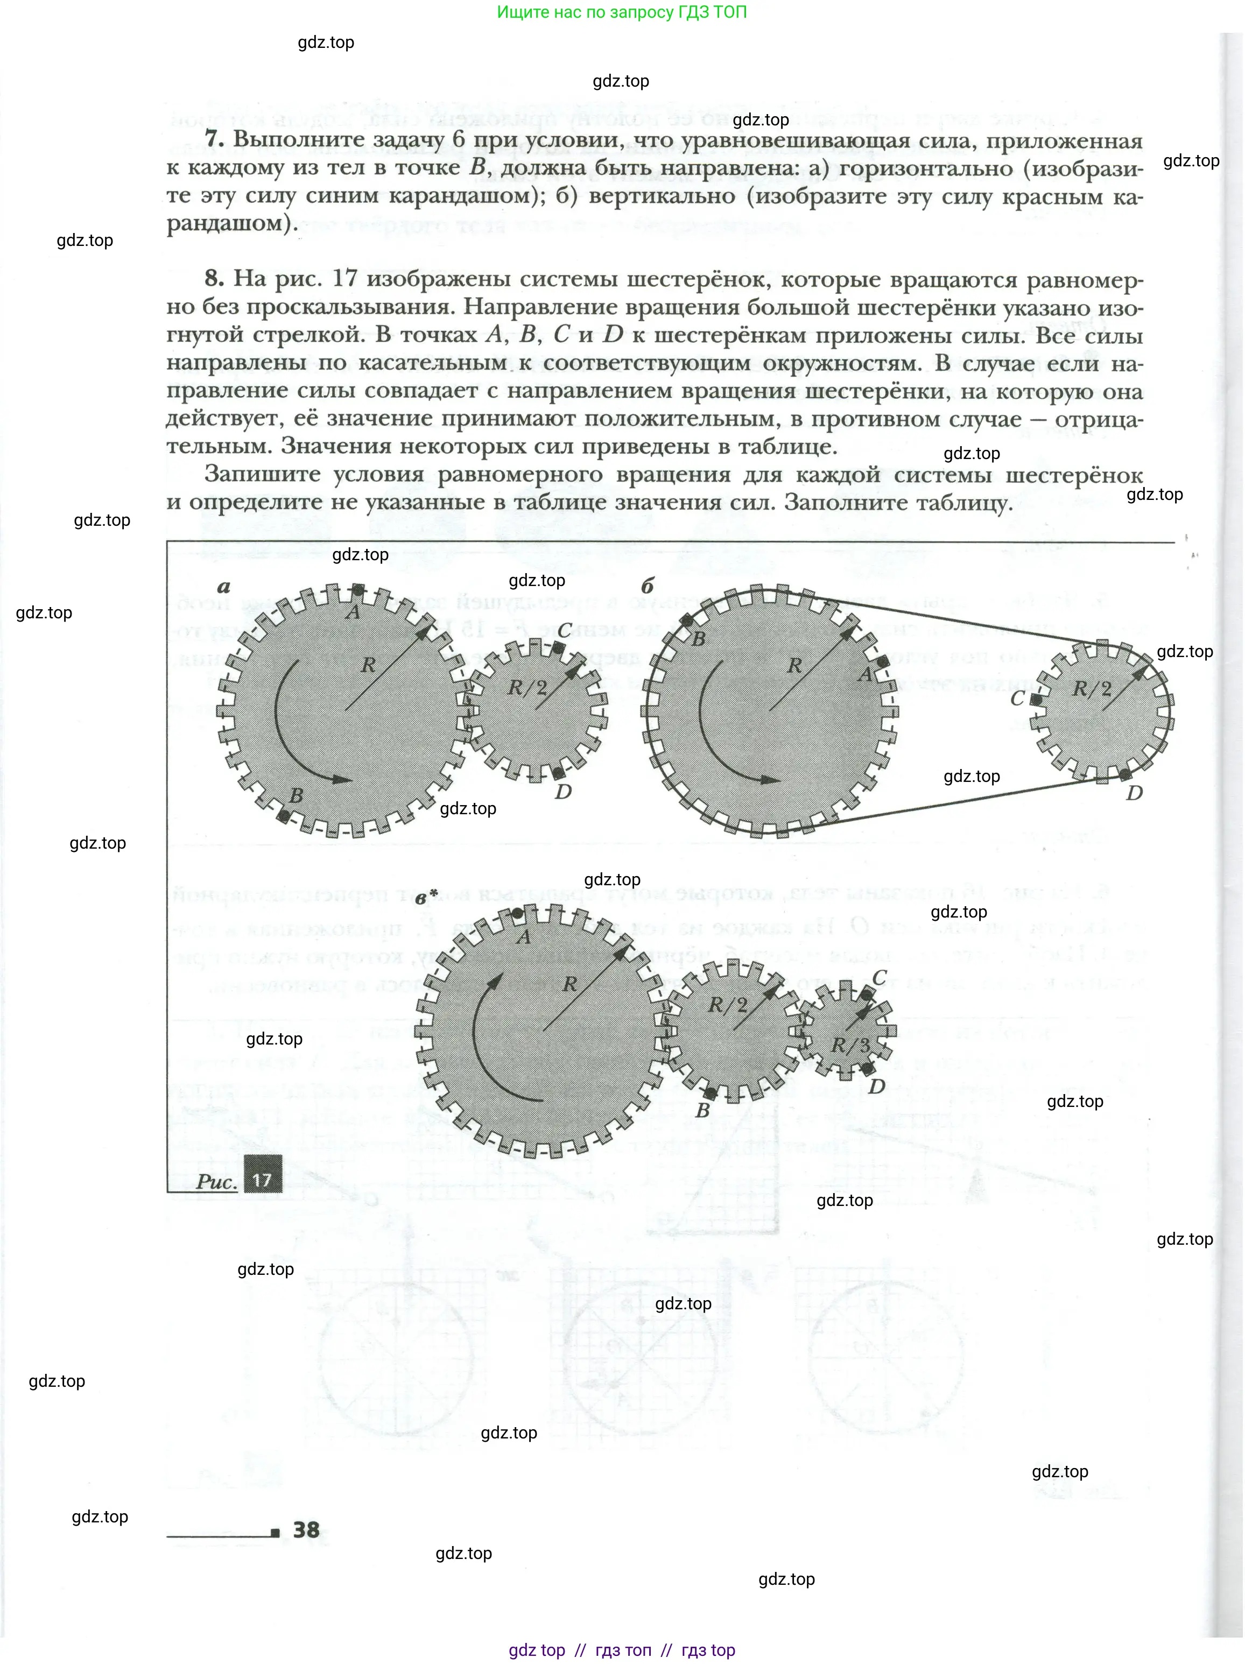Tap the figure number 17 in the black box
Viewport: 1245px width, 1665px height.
pos(262,1179)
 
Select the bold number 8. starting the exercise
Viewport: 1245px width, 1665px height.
pos(214,279)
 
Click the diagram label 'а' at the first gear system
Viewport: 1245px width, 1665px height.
pos(223,587)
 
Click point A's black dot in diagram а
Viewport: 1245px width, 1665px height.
pos(359,589)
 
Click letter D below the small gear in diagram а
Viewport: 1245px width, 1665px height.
pos(563,791)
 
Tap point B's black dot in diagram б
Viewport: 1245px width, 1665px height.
pos(686,621)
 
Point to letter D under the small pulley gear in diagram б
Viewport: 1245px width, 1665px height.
pos(1134,793)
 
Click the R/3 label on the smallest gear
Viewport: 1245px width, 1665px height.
pos(850,1046)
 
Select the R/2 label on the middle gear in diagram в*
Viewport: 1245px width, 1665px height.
pos(727,1005)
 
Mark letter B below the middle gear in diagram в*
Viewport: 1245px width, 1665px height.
pos(702,1110)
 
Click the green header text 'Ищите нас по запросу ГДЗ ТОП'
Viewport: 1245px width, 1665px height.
pos(622,12)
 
